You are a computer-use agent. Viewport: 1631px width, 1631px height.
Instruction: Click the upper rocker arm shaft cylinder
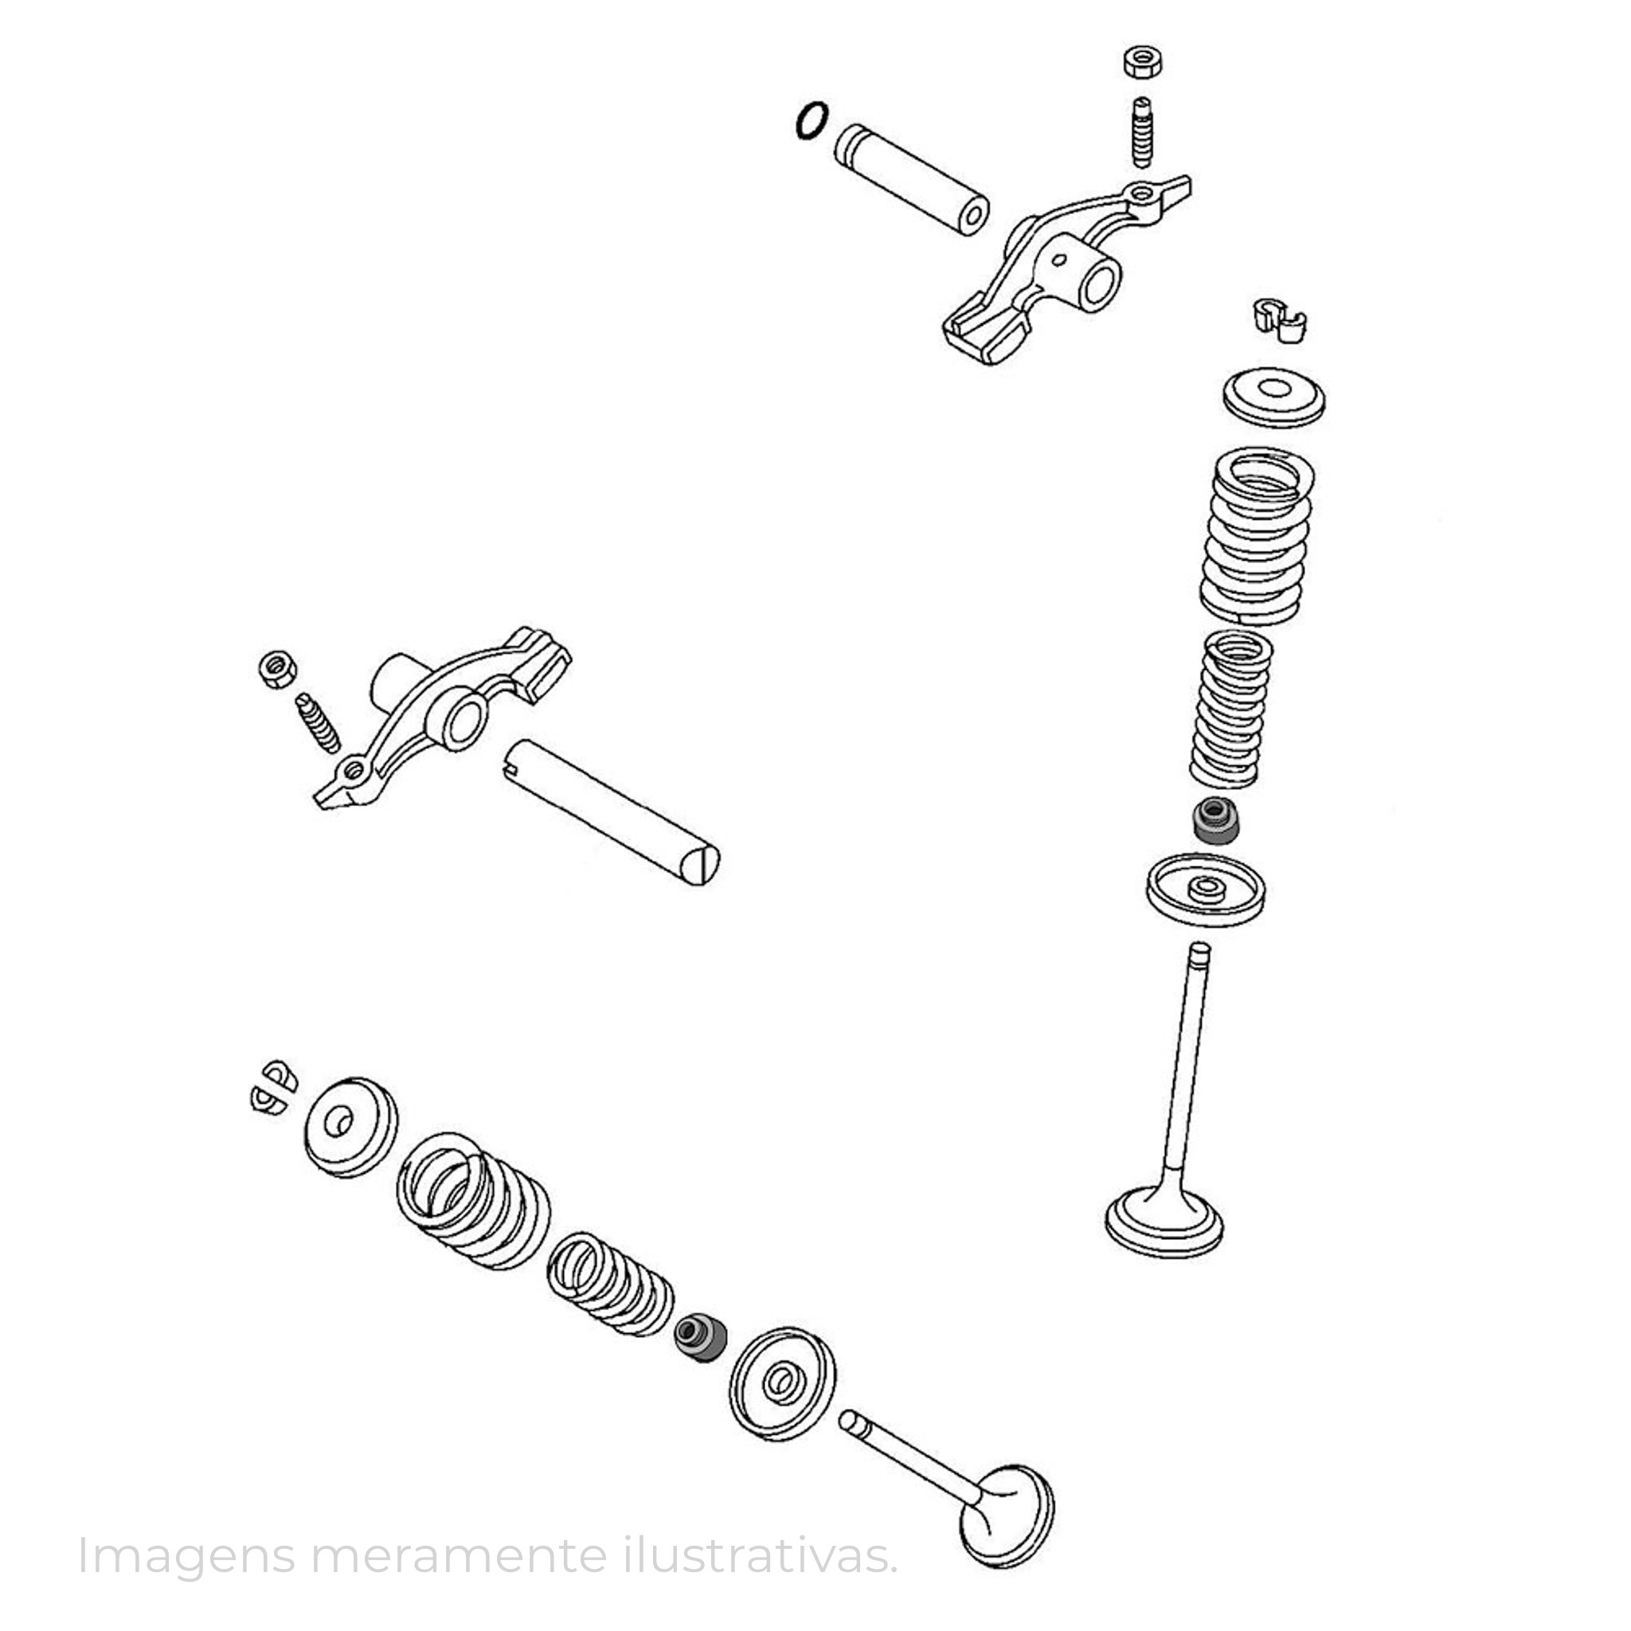tap(912, 180)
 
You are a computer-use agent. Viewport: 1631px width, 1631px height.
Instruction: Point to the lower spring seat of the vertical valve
tap(1206, 891)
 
